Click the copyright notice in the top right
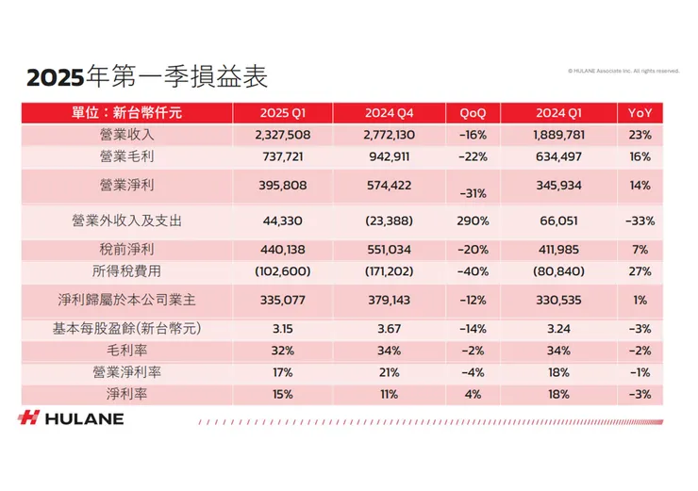623,70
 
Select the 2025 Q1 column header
282,113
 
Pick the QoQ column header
473,113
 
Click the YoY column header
639,113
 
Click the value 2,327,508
282,135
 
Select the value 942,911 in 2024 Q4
391,156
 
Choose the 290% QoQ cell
473,221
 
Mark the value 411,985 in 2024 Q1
560,250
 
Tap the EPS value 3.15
282,329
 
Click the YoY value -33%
639,221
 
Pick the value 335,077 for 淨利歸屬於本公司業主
282,301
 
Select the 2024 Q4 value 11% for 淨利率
391,394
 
